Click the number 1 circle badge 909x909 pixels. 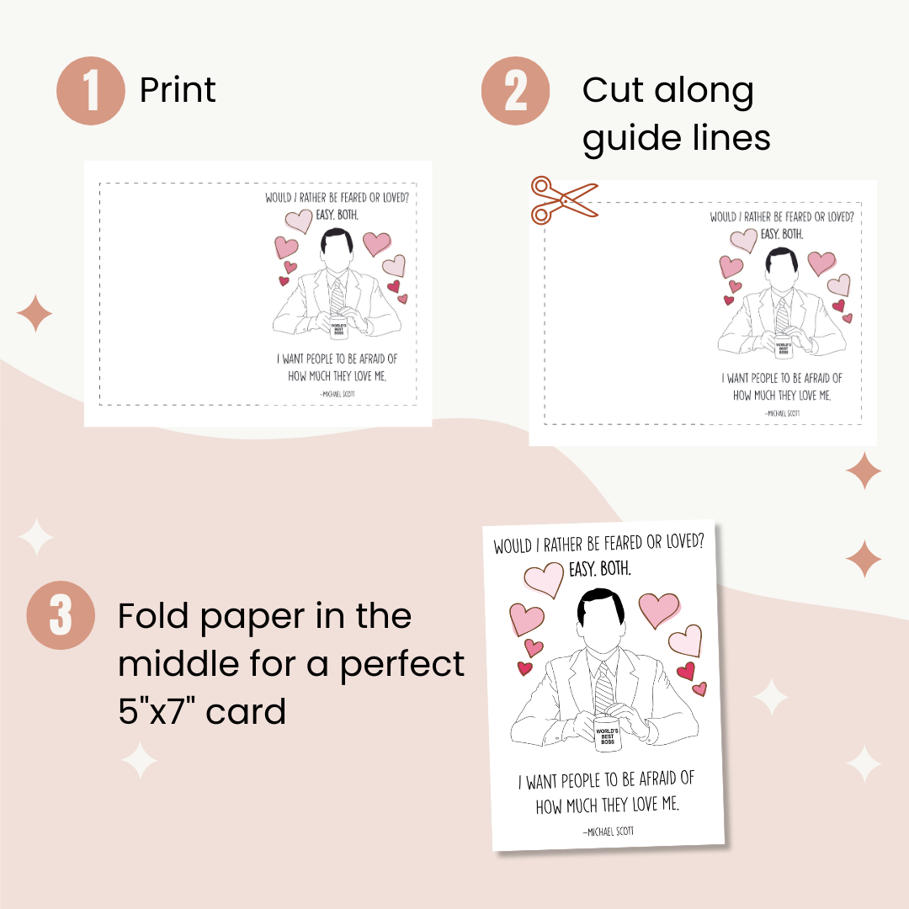(x=91, y=91)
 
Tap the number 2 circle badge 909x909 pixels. (x=515, y=91)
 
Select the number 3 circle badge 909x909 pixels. (x=61, y=615)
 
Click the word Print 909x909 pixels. (x=178, y=90)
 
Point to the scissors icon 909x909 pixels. (x=561, y=200)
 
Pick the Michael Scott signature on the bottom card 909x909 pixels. (x=608, y=832)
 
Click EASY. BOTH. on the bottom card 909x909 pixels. (x=599, y=570)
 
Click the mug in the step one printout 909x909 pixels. (x=338, y=328)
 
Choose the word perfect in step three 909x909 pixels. (x=402, y=664)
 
